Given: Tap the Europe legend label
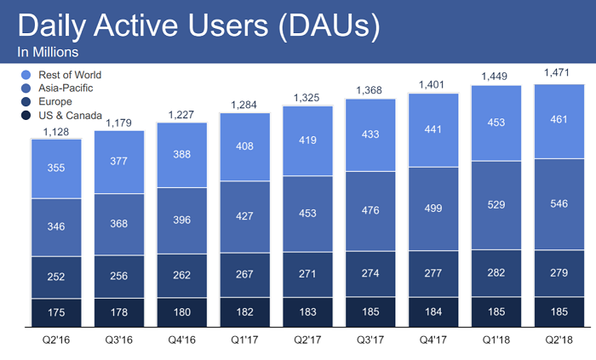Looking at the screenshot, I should (x=55, y=101).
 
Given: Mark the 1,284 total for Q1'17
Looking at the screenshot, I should (x=245, y=105).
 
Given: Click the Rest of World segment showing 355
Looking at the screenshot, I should (x=56, y=169).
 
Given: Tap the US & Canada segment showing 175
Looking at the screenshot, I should (x=56, y=311).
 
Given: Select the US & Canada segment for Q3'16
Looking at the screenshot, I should (x=119, y=311).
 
